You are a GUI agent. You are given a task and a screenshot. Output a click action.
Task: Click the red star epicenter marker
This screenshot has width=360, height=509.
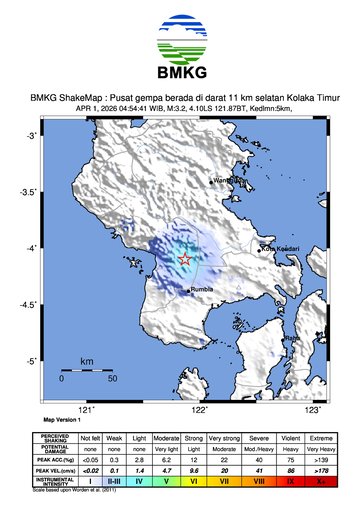185,259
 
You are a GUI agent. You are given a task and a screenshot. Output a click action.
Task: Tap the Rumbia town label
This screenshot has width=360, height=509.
203,292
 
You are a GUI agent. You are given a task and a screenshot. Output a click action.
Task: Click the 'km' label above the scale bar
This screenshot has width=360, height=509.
87,360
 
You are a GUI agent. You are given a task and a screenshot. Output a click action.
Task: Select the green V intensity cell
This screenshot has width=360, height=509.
170,481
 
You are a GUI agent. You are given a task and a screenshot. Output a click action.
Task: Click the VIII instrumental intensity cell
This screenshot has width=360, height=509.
259,481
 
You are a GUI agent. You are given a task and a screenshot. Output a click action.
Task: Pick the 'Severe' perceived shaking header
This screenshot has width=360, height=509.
259,438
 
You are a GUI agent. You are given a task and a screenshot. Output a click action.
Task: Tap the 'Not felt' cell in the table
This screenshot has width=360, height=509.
91,438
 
